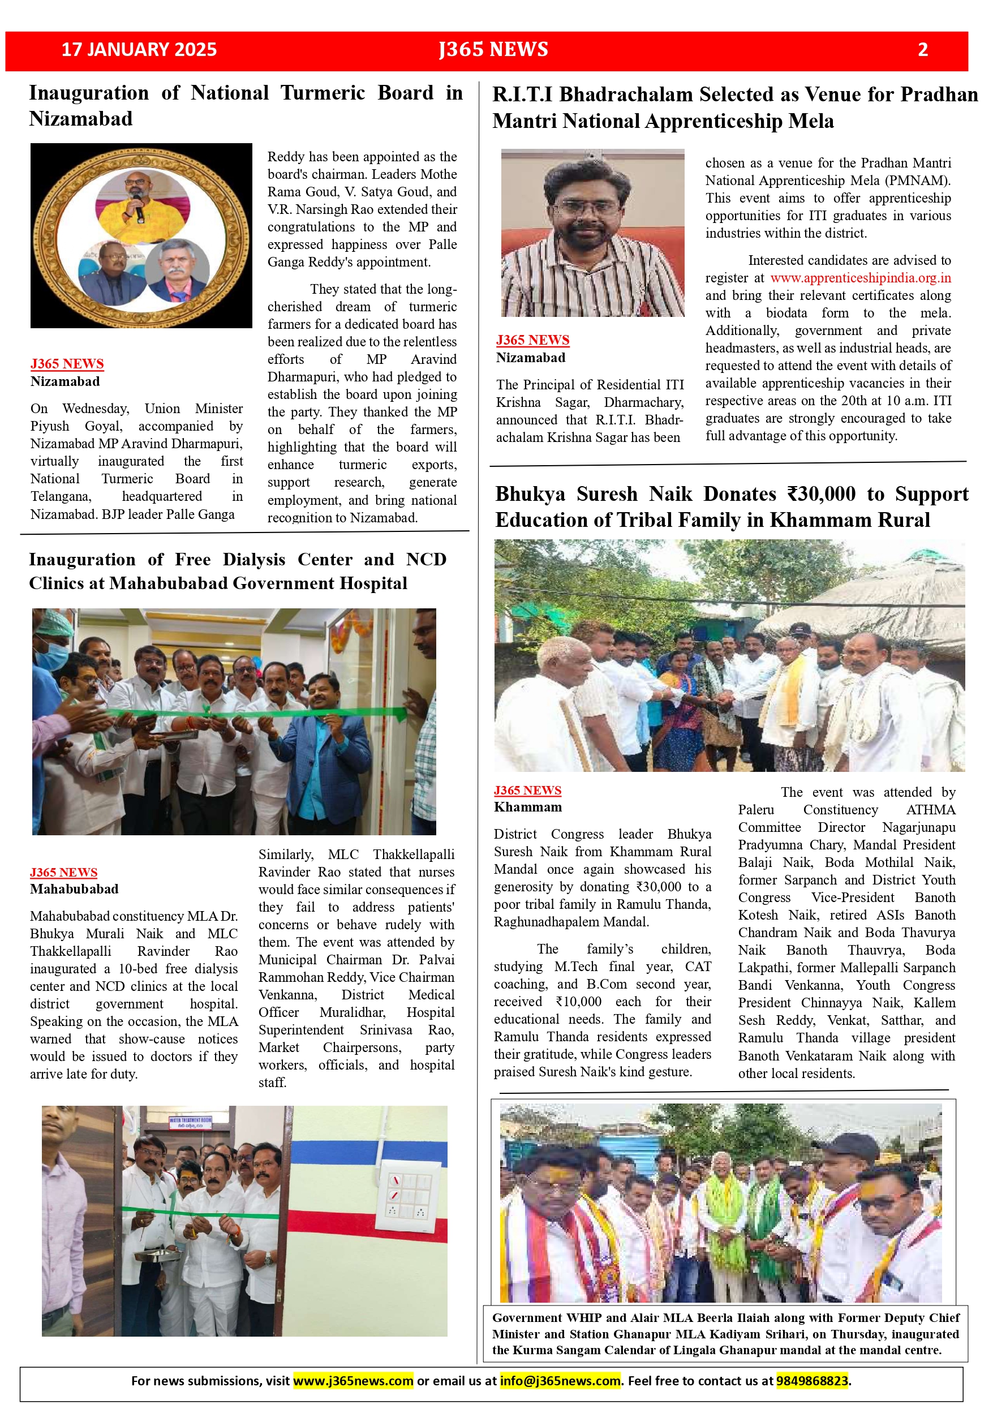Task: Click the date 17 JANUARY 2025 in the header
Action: click(x=139, y=50)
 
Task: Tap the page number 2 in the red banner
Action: click(x=923, y=50)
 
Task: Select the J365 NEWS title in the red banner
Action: click(x=493, y=50)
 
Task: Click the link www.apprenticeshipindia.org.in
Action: click(x=860, y=278)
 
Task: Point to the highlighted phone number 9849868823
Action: click(x=812, y=1381)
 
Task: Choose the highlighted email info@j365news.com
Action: click(x=560, y=1381)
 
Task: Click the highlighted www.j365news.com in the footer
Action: click(x=354, y=1381)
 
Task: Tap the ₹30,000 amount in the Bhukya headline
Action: click(x=821, y=493)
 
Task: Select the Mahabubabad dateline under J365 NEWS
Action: click(x=74, y=889)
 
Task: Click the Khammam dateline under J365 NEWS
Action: click(x=528, y=807)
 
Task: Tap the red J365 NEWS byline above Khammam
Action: click(x=527, y=790)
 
